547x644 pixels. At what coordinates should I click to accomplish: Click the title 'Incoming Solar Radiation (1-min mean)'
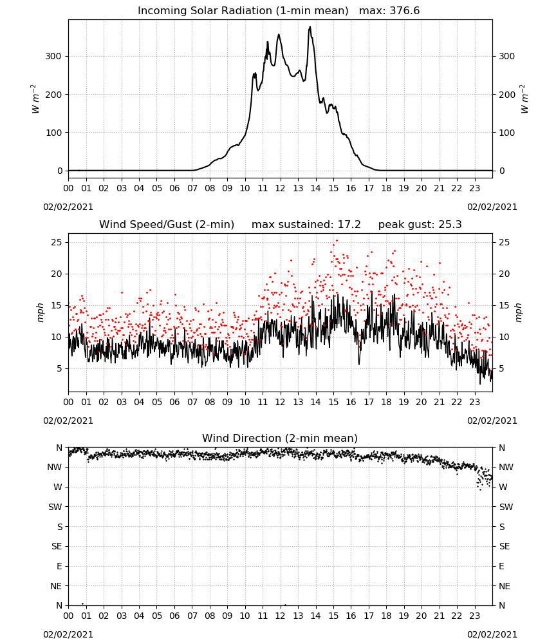tap(243, 11)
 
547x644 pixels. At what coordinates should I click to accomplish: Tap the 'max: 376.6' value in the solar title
tap(389, 11)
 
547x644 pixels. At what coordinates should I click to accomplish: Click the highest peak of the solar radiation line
tap(310, 26)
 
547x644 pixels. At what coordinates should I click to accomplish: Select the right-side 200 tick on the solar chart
tap(507, 95)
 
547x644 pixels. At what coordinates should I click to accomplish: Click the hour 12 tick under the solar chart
tap(280, 188)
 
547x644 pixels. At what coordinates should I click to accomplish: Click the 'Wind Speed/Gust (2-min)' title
tap(167, 225)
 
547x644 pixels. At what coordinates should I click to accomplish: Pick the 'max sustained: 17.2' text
tap(306, 225)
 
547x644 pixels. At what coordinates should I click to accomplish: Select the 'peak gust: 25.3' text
tap(420, 225)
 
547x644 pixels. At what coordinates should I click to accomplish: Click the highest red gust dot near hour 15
tap(337, 241)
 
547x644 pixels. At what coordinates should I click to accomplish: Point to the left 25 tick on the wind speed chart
tap(57, 242)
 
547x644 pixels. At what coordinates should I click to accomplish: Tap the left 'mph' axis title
tap(40, 312)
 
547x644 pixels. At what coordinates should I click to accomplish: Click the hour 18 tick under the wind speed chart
tap(386, 402)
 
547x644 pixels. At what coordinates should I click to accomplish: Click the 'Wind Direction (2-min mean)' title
tap(280, 438)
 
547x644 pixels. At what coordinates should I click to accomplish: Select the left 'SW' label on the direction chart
tap(55, 507)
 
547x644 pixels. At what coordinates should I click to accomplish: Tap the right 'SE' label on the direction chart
tap(505, 546)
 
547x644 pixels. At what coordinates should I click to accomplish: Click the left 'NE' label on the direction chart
tap(56, 586)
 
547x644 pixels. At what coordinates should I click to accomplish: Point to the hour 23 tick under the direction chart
tap(475, 616)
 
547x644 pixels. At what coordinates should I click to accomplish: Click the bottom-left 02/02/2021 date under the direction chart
tap(68, 634)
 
